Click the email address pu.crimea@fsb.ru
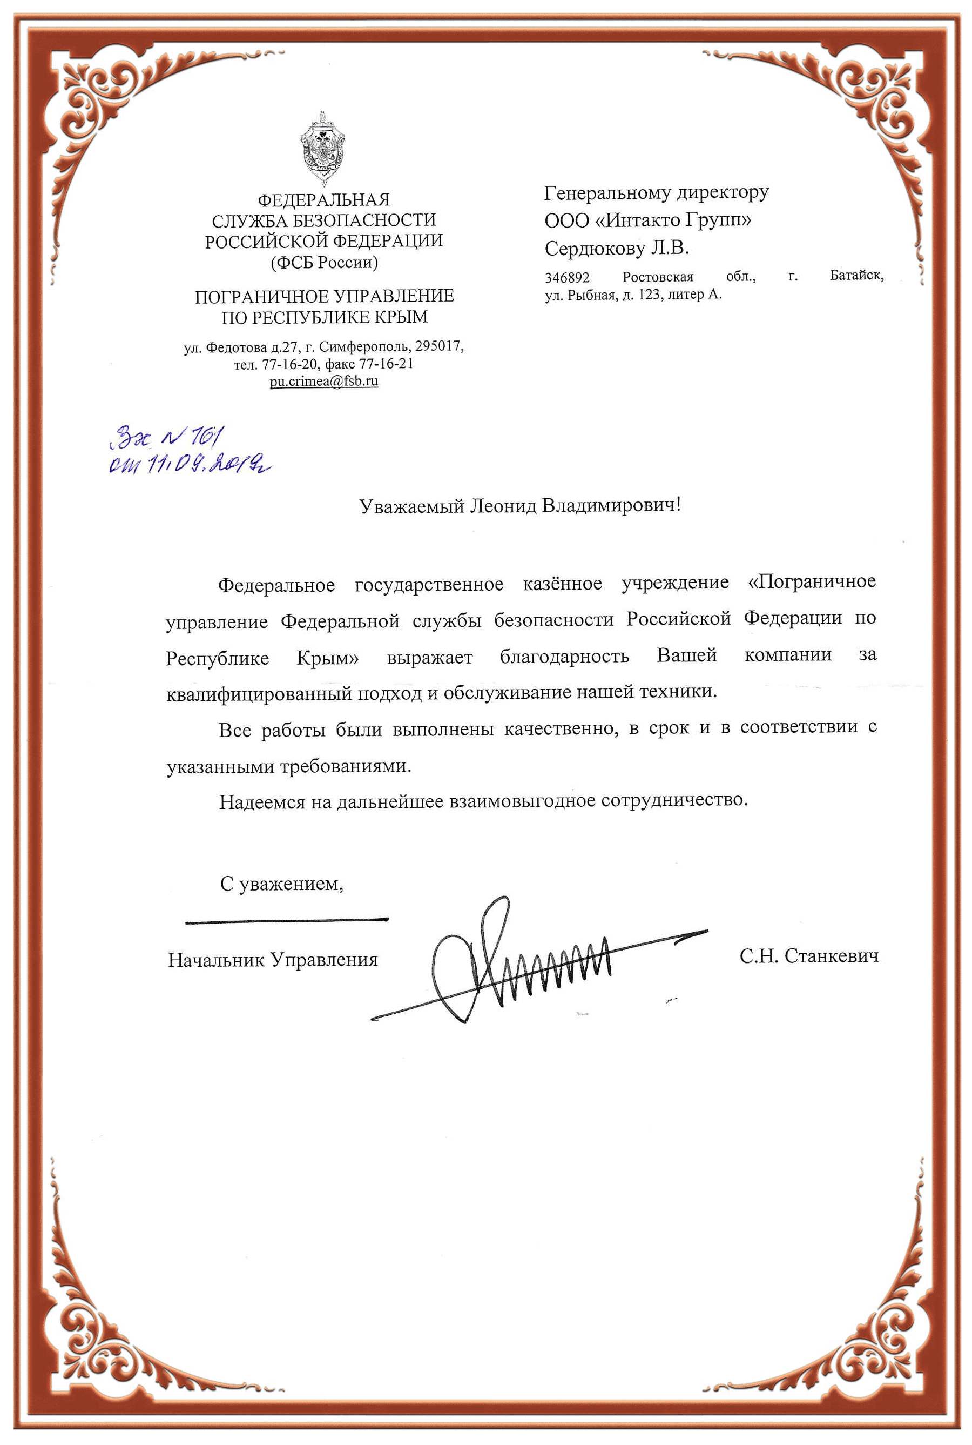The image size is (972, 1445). click(323, 382)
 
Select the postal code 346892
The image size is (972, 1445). click(567, 277)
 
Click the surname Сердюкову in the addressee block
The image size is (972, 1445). click(595, 249)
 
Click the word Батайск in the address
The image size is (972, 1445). click(856, 276)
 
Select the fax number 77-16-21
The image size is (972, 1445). click(386, 364)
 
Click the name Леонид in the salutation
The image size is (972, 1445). click(503, 505)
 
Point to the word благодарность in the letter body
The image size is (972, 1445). click(564, 656)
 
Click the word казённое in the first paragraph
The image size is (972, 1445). click(562, 584)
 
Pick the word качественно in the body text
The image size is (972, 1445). click(561, 728)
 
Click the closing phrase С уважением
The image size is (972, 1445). click(281, 883)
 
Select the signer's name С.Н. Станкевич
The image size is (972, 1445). click(808, 956)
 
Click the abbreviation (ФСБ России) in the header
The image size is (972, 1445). click(324, 262)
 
